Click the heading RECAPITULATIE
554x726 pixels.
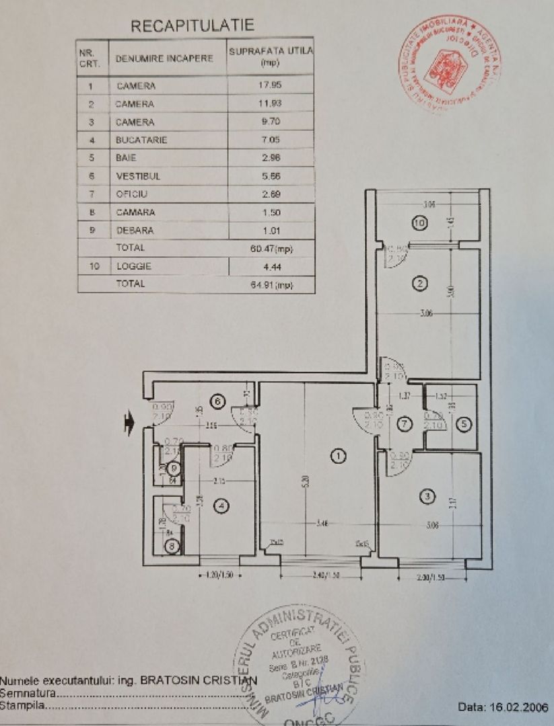(193, 26)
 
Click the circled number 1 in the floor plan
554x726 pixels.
(338, 456)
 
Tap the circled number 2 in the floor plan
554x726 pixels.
(420, 284)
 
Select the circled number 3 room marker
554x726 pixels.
(426, 497)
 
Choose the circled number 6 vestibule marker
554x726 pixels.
(217, 401)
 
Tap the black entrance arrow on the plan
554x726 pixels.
(129, 421)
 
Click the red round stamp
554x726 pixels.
(448, 65)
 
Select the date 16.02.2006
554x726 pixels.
(503, 707)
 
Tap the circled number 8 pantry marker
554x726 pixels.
(172, 547)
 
